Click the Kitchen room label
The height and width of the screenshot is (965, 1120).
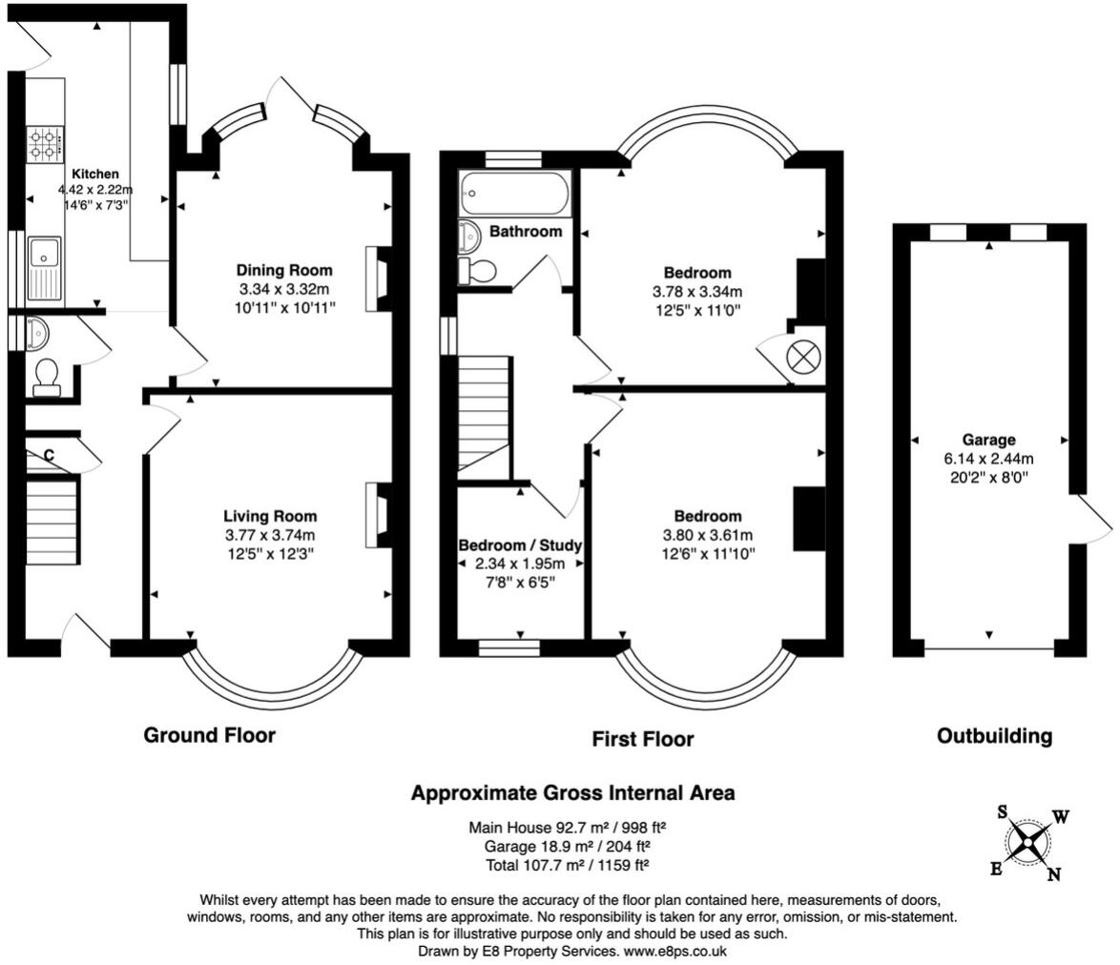(x=95, y=174)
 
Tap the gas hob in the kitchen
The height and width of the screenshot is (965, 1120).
(x=45, y=145)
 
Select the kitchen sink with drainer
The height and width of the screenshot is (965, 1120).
(x=45, y=268)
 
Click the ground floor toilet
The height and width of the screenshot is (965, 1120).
(x=47, y=377)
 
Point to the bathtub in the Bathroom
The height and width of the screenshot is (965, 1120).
(x=515, y=193)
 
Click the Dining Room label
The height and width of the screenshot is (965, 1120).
(x=284, y=270)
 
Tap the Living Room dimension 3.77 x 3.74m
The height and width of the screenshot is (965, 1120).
(x=270, y=535)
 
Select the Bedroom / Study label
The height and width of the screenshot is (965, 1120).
(x=520, y=545)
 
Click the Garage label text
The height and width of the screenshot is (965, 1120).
(x=988, y=440)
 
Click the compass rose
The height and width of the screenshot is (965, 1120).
(x=1027, y=843)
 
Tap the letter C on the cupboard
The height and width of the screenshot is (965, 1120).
(x=50, y=456)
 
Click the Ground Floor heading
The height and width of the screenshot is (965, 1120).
(x=209, y=735)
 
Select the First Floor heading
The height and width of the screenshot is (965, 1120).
(x=643, y=739)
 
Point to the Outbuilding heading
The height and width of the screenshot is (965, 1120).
(x=994, y=736)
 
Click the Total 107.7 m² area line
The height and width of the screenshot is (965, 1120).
(x=567, y=865)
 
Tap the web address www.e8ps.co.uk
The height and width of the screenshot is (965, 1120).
(x=675, y=952)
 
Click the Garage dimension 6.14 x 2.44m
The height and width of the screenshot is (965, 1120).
(x=988, y=459)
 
